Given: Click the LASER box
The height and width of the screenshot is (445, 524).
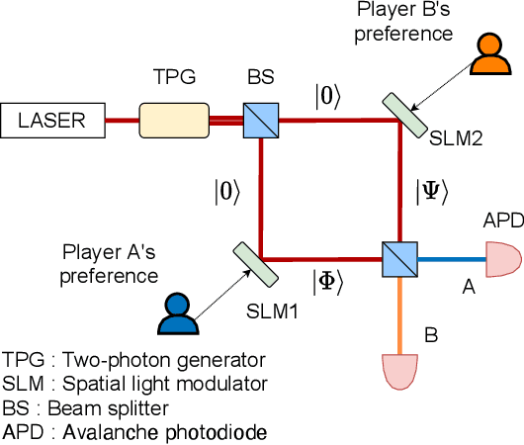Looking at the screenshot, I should tap(52, 122).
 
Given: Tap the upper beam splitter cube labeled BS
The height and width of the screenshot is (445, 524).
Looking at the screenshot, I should tap(261, 122).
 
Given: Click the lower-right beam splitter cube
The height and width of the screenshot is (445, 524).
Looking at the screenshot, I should tap(400, 260).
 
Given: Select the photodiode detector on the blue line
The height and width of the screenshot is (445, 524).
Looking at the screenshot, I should tap(502, 260).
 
